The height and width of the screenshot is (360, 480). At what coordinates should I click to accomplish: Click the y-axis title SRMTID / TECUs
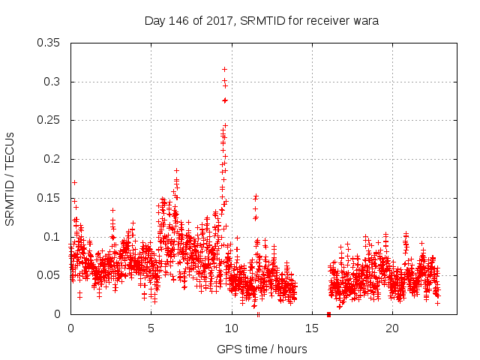point(10,178)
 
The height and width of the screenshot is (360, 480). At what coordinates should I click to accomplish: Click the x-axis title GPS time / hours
point(262,349)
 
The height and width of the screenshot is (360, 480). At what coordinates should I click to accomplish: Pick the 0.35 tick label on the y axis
point(49,43)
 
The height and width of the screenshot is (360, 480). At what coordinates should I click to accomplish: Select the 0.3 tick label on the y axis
point(52,82)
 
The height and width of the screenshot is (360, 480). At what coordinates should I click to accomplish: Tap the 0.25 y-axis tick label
point(49,120)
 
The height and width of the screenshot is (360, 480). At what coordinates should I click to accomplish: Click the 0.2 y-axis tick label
point(52,159)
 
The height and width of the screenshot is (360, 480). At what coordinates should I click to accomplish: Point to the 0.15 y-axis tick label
point(49,198)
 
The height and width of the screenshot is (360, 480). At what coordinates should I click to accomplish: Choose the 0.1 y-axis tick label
point(52,237)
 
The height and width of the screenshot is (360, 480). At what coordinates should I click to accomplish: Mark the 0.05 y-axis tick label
point(49,275)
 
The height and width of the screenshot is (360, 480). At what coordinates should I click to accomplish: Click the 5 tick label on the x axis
point(151,328)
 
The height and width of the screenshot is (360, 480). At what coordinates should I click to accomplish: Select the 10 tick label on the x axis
point(232,328)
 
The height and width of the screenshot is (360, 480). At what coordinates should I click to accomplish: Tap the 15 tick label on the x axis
point(312,328)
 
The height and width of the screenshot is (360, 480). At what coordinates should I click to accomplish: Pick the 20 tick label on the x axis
point(392,328)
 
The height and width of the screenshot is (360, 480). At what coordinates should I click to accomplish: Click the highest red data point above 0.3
point(224,69)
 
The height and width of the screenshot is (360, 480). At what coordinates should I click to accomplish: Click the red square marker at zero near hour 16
point(328,313)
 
